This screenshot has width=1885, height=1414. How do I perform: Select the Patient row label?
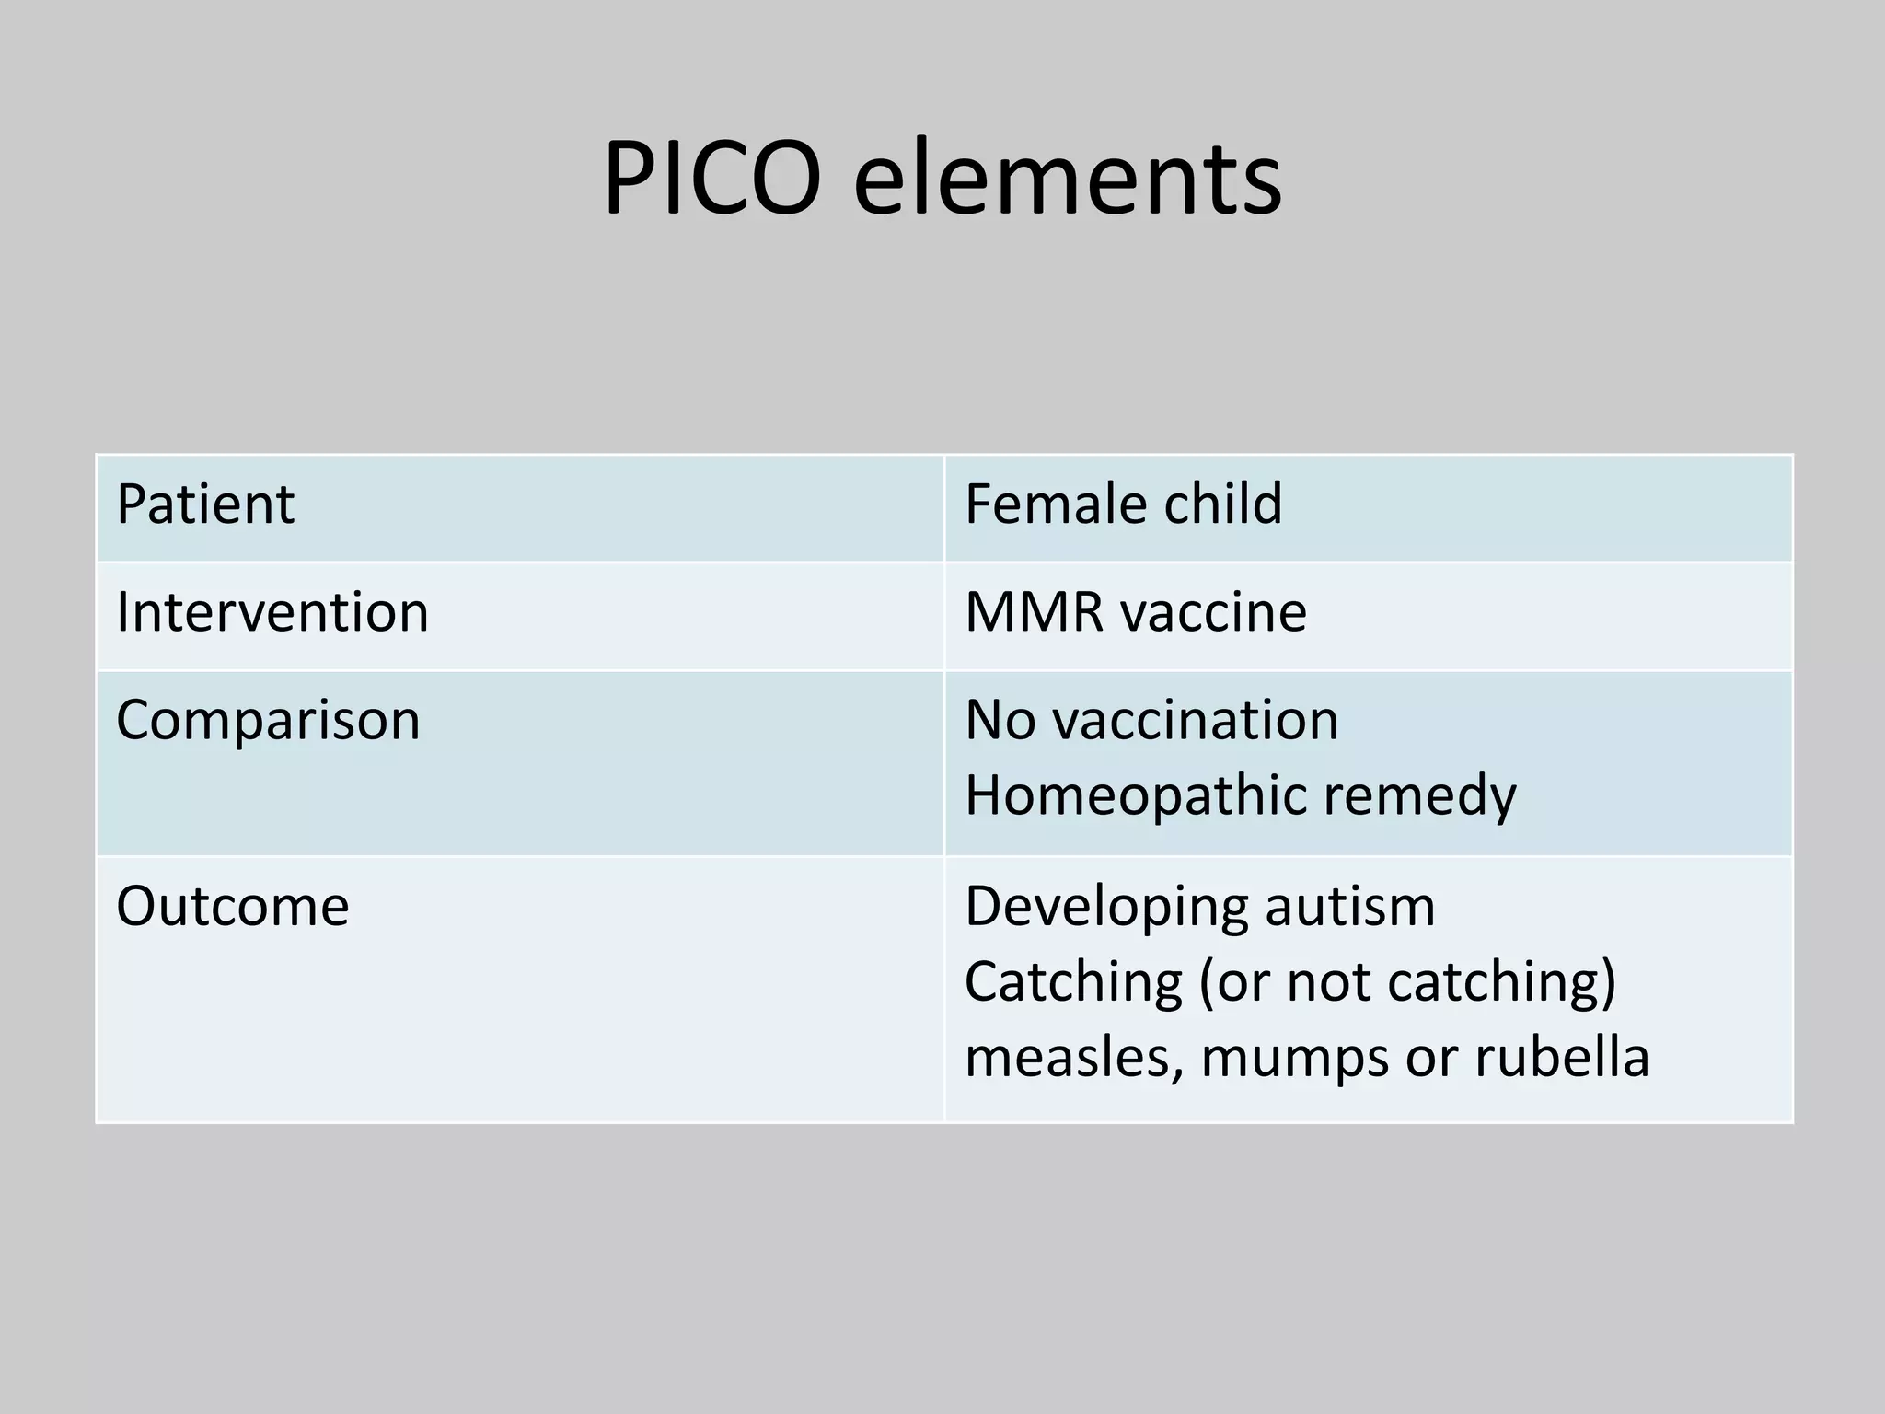click(205, 504)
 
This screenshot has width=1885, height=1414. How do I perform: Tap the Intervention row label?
click(272, 612)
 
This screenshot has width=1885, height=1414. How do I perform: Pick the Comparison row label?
click(268, 720)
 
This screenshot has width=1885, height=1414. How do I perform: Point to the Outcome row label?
click(233, 906)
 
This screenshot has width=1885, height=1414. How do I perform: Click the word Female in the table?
click(1049, 504)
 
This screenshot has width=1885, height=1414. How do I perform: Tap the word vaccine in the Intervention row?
click(1220, 612)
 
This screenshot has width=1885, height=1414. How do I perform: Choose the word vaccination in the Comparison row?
click(1195, 720)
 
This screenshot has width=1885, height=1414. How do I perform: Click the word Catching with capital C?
click(1073, 983)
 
